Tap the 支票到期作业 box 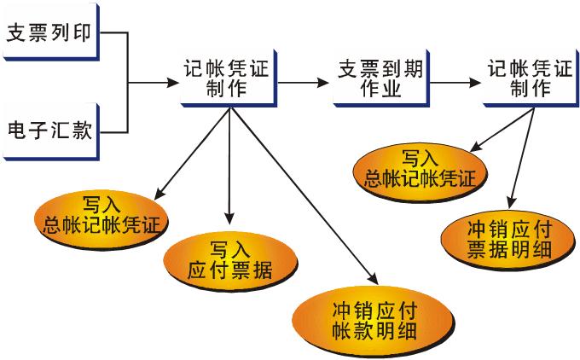pyautogui.click(x=369, y=79)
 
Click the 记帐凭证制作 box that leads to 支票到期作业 pyautogui.click(x=225, y=79)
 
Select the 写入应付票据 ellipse pyautogui.click(x=229, y=261)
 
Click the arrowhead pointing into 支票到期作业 pyautogui.click(x=323, y=84)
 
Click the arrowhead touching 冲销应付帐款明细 pyautogui.click(x=372, y=277)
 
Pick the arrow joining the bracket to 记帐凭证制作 pyautogui.click(x=154, y=84)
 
